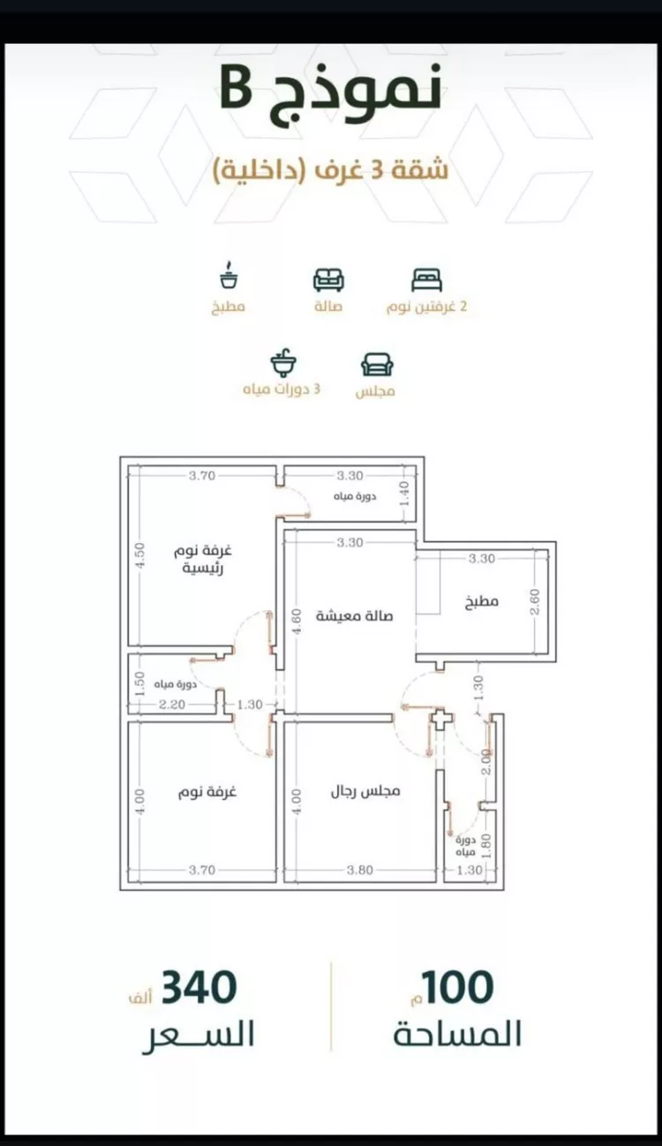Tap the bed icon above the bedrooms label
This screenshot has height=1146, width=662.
[426, 279]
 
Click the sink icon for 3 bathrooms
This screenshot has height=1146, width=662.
[283, 363]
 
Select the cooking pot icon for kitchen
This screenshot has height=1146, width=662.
[229, 276]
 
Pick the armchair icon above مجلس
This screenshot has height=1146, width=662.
[377, 365]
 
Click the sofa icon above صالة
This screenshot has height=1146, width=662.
[328, 279]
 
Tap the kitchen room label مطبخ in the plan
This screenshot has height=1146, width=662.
[481, 601]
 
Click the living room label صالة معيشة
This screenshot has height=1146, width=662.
[355, 615]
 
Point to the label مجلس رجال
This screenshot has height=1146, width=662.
[365, 792]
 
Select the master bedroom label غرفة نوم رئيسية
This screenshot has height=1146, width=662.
[203, 560]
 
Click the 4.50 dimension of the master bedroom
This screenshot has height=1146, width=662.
[140, 555]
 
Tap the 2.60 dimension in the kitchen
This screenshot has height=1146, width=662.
[535, 602]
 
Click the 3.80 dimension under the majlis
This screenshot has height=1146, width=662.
[360, 870]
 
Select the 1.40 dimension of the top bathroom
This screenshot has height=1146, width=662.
[404, 494]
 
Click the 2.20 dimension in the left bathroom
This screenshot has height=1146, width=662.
[172, 705]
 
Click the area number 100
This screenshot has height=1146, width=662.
[456, 987]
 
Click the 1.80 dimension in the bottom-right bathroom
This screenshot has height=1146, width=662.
[486, 846]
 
